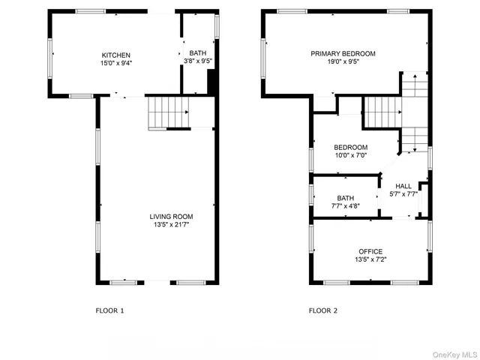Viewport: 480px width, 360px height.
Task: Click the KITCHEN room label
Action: click(116, 55)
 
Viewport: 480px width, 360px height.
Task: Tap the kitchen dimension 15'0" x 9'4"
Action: click(116, 64)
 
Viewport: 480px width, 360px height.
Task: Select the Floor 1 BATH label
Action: click(197, 53)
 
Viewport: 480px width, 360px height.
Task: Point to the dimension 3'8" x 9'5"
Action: click(197, 62)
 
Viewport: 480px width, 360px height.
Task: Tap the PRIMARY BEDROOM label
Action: click(343, 54)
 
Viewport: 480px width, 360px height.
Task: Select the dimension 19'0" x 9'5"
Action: click(343, 63)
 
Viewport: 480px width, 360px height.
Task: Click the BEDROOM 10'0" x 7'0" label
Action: click(350, 147)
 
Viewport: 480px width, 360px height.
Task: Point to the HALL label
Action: click(403, 186)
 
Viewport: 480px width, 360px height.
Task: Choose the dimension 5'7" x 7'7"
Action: click(403, 194)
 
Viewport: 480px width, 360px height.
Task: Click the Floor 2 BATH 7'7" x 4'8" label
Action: click(345, 198)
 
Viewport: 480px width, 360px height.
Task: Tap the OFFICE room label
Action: click(370, 251)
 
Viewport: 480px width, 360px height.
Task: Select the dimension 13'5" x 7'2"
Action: click(370, 260)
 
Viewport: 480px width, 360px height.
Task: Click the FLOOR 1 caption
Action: click(110, 310)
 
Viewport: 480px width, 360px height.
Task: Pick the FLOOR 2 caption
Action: click(323, 310)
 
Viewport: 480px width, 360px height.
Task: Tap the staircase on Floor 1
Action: click(168, 112)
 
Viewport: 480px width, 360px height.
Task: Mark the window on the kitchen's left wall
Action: click(51, 56)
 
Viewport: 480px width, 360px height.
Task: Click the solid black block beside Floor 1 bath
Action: click(212, 80)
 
